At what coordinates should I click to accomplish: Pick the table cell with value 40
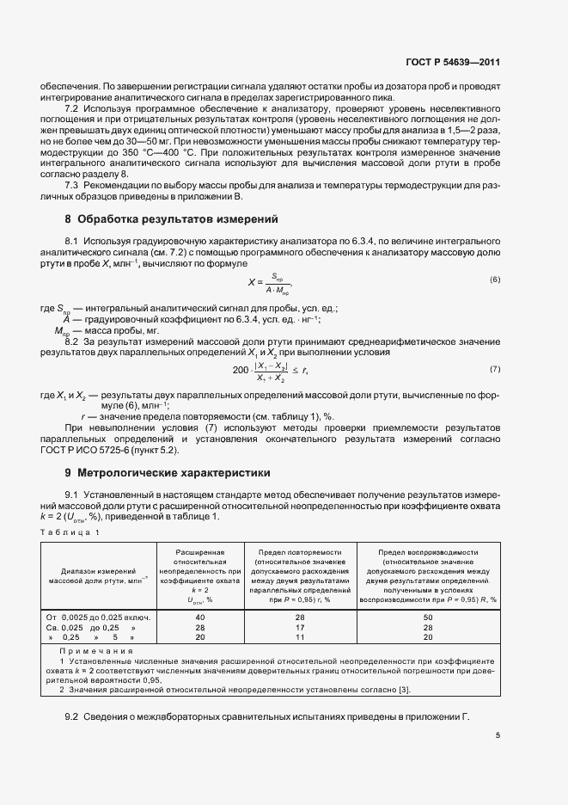[199, 618]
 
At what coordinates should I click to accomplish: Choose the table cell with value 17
[300, 628]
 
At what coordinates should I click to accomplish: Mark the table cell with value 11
[300, 638]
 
